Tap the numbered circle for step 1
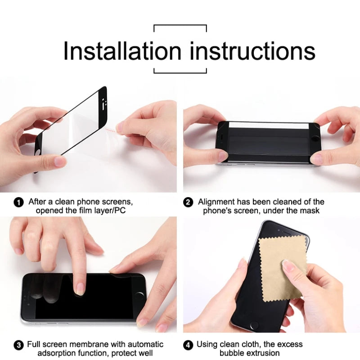point(19,202)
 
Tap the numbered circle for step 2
point(189,202)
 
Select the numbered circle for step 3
point(19,346)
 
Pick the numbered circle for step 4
point(189,346)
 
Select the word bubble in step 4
point(232,353)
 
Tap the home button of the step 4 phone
point(256,325)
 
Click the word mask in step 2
point(310,211)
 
